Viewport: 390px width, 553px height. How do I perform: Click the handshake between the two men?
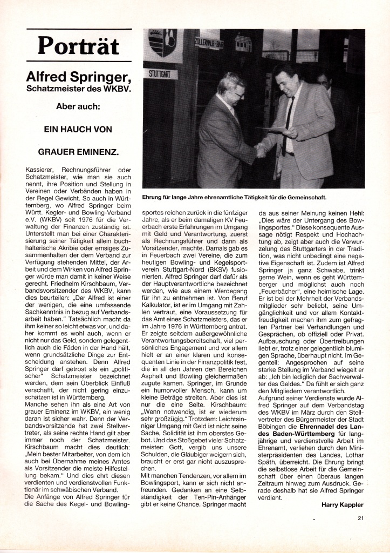261,150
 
